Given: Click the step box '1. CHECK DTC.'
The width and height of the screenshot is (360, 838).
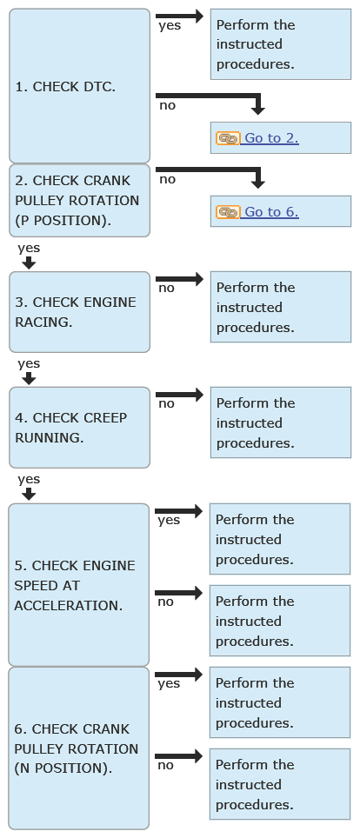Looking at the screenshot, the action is [80, 85].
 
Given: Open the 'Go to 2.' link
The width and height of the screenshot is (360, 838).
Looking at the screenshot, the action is [270, 138].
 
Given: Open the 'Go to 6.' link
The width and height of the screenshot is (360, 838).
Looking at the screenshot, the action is [270, 211].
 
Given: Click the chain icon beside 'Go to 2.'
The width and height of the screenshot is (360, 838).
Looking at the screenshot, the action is [228, 138].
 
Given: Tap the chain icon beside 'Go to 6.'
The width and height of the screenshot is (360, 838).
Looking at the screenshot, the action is [228, 212].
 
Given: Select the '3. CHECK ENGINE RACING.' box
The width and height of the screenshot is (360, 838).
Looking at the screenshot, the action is [80, 311].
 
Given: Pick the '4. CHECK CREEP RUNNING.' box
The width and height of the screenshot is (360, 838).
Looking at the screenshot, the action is [80, 428].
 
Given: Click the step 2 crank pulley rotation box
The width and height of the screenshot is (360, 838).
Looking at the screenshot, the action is [80, 201].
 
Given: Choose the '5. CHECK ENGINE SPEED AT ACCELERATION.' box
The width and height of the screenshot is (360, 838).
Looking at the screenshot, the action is [78, 585].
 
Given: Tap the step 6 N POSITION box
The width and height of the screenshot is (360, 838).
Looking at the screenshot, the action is [78, 748].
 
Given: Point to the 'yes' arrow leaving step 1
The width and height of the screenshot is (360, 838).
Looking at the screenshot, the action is [179, 16].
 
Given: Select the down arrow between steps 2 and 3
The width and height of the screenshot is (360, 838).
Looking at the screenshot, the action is [29, 263].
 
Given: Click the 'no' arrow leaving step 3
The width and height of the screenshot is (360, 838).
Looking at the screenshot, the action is [179, 279].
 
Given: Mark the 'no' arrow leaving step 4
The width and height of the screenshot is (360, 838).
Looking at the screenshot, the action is [179, 395].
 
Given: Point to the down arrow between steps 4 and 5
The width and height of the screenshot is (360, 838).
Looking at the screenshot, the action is [29, 495].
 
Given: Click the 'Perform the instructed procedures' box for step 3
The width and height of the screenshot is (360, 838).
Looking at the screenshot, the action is [281, 307].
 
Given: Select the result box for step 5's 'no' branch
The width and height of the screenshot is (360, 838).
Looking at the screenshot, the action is [280, 621].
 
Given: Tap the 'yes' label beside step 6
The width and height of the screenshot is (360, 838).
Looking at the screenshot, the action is [169, 683].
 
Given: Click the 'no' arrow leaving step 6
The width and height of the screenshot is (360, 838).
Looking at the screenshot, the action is [178, 756].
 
